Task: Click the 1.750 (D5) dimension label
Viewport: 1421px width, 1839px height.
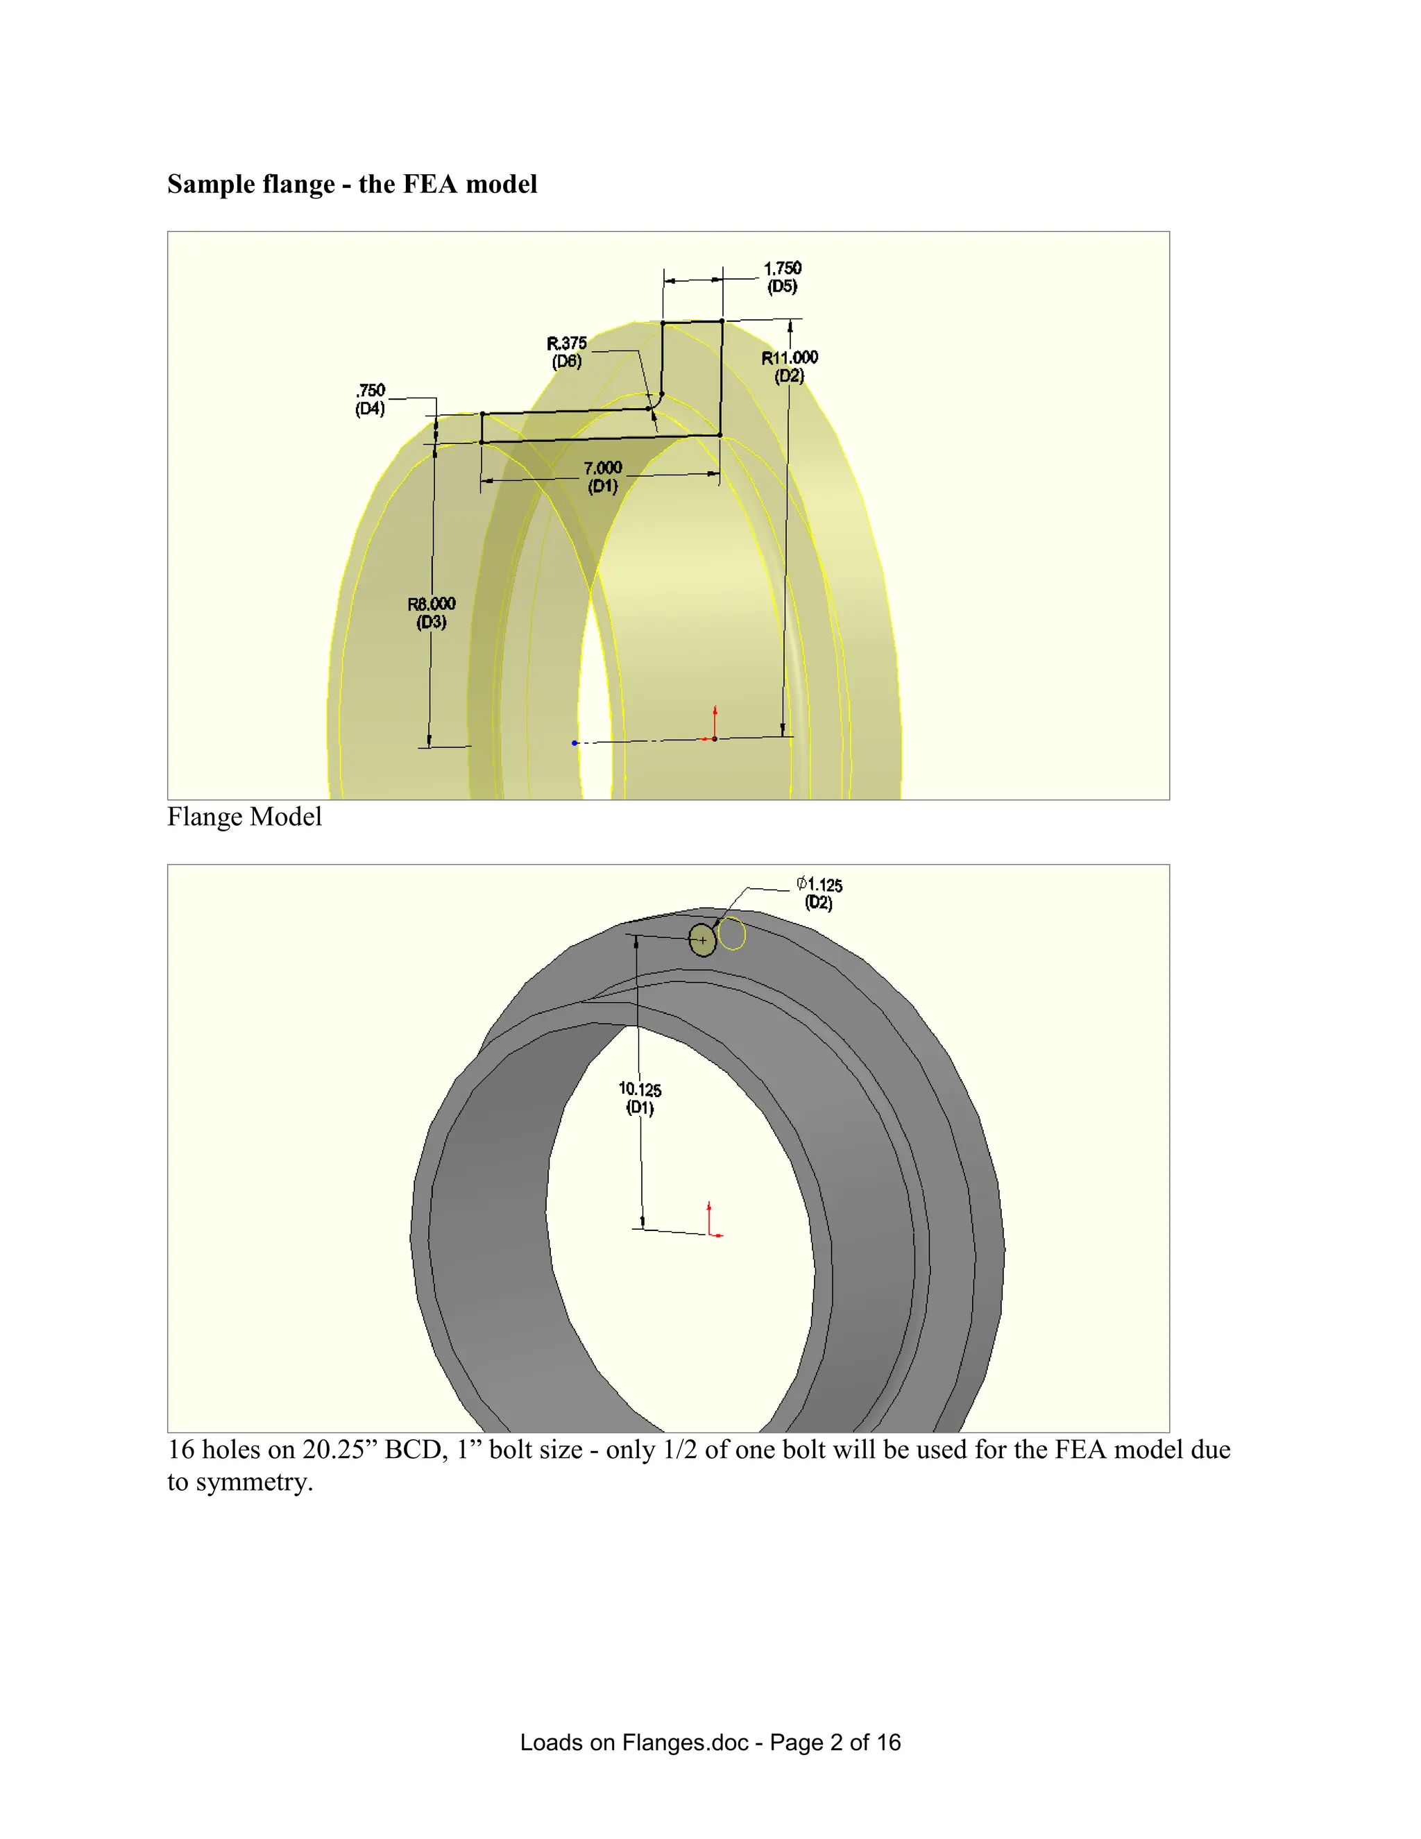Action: coord(782,277)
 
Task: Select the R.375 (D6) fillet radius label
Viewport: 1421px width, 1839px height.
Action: coord(567,352)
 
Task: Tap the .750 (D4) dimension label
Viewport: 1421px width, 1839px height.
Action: coord(371,399)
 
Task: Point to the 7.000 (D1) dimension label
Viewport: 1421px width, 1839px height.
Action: coord(603,477)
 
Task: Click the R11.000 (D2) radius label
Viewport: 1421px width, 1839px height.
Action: coord(790,366)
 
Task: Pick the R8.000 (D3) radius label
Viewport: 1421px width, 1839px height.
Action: coord(431,613)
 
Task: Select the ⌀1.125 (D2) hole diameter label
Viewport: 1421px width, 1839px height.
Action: coord(819,893)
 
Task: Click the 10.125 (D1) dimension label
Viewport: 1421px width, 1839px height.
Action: coord(640,1098)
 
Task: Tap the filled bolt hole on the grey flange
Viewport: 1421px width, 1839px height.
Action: coord(702,940)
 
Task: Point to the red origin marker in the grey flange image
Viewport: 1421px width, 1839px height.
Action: coord(711,1222)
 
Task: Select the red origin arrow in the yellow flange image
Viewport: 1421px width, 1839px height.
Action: coord(715,722)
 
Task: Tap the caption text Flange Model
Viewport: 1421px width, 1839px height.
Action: coord(244,817)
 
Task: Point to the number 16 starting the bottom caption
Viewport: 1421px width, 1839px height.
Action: coord(181,1449)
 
